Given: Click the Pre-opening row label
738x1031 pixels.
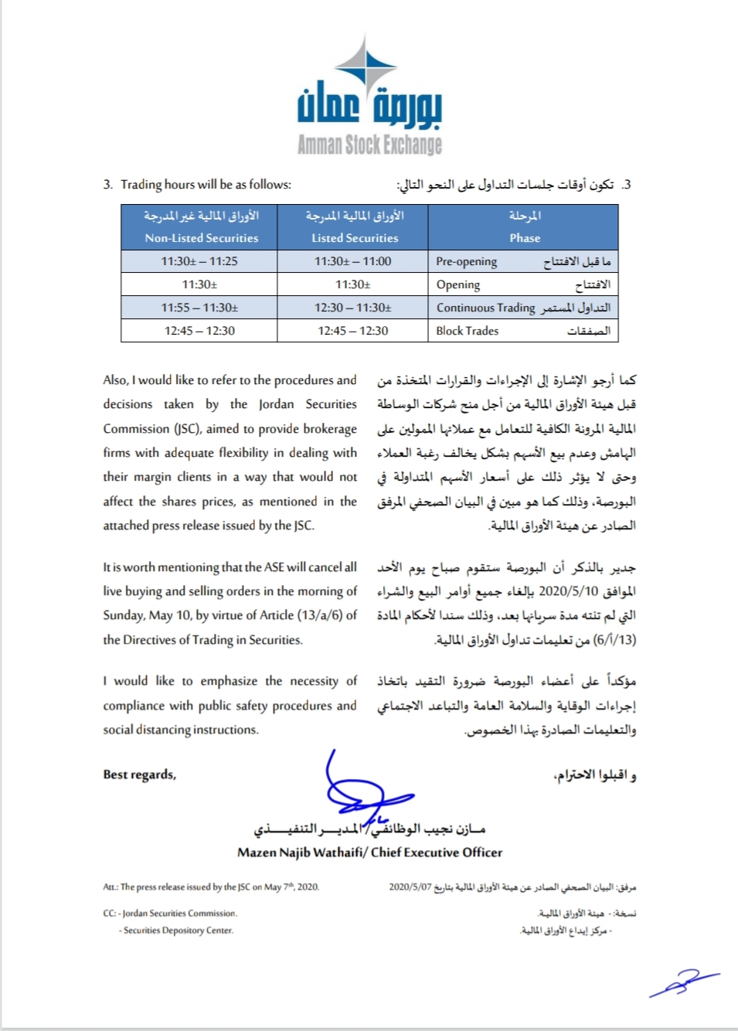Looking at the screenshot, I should pos(467,261).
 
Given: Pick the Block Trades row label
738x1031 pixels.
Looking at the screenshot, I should pos(468,331).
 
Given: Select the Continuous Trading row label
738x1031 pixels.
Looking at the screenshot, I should pos(485,308).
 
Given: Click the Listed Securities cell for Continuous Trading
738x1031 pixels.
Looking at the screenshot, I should pos(353,308).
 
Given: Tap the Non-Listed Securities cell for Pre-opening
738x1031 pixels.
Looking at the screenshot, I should pos(199,261).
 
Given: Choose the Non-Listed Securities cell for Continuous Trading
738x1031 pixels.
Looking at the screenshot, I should pos(199,308).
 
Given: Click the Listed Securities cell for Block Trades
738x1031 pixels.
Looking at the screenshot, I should pos(353,331).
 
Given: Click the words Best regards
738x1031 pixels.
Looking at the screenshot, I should pos(140,774).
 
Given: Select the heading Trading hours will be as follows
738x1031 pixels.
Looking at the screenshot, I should pos(206,184).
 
